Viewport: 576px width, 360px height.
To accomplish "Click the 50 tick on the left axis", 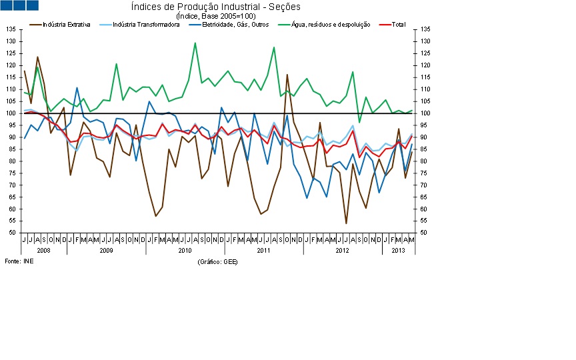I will pos(12,233).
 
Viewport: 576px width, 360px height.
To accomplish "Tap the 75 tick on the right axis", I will pos(425,173).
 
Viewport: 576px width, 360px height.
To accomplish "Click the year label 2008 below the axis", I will pos(44,251).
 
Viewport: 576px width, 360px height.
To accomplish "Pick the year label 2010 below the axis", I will pos(185,251).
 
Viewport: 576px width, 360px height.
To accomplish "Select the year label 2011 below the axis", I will pos(263,251).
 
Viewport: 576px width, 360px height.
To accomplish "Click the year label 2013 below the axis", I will pos(398,251).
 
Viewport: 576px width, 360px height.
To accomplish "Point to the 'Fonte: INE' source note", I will pos(19,261).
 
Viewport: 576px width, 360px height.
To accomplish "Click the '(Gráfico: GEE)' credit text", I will pos(217,262).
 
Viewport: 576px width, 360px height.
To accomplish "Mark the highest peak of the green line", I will pos(195,43).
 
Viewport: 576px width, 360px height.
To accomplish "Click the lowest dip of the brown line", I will pos(346,223).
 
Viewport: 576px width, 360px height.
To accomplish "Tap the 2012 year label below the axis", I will pos(342,251).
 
